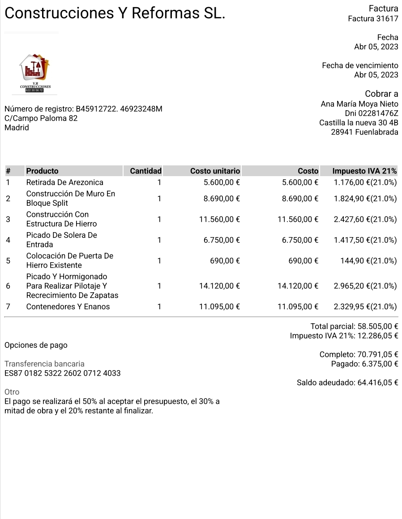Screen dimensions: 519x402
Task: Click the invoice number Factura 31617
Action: (x=373, y=18)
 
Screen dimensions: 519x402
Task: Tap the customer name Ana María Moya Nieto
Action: (x=359, y=104)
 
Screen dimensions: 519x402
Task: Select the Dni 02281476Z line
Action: (x=371, y=113)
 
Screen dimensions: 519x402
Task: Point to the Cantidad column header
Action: (x=145, y=171)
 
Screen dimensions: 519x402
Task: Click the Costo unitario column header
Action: (x=215, y=171)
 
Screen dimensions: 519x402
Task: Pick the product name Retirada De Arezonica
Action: (x=65, y=182)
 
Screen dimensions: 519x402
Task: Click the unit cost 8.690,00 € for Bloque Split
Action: (x=222, y=199)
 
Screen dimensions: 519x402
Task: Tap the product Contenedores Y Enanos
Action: (x=68, y=307)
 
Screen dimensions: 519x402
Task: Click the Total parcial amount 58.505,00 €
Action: (x=378, y=326)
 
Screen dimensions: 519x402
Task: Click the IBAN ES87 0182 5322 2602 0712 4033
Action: (x=63, y=373)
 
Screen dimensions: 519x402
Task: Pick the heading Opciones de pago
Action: (x=36, y=345)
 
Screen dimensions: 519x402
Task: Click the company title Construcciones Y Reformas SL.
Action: (x=115, y=13)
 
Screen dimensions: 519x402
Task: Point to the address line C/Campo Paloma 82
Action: (x=41, y=118)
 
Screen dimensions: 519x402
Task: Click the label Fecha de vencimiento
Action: (x=360, y=65)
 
